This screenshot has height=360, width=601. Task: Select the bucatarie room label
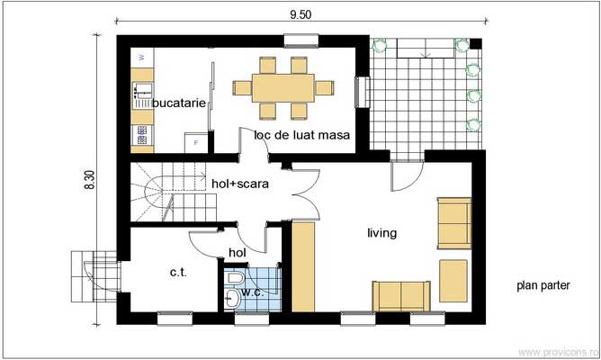coord(180,103)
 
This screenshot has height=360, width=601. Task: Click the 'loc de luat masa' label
coord(301,135)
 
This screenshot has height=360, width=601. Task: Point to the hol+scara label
coord(240,184)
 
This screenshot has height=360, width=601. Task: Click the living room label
coord(381,233)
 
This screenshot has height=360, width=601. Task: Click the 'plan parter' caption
coord(543,285)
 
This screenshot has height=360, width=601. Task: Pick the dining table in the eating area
coord(283,87)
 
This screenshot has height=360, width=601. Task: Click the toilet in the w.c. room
coord(234,298)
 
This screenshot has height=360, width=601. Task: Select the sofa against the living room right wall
coord(453,222)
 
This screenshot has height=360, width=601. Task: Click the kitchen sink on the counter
coord(141,90)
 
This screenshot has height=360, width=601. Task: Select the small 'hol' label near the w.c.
coord(238,253)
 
